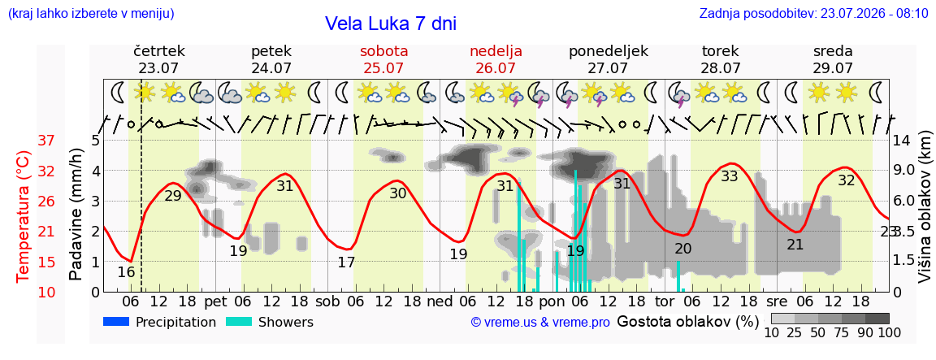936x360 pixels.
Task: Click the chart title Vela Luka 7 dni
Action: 390,24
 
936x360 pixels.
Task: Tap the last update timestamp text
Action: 813,13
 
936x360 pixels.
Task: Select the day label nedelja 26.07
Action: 496,59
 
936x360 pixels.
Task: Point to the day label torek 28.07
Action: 720,59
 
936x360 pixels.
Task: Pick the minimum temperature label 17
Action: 346,262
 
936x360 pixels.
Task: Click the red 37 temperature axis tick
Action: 46,141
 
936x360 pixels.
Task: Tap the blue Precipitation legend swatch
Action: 116,322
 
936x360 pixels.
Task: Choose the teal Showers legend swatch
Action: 239,322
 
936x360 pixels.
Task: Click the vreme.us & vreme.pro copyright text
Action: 540,323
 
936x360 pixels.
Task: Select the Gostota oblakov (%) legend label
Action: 687,322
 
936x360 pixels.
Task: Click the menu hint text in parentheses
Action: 91,14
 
